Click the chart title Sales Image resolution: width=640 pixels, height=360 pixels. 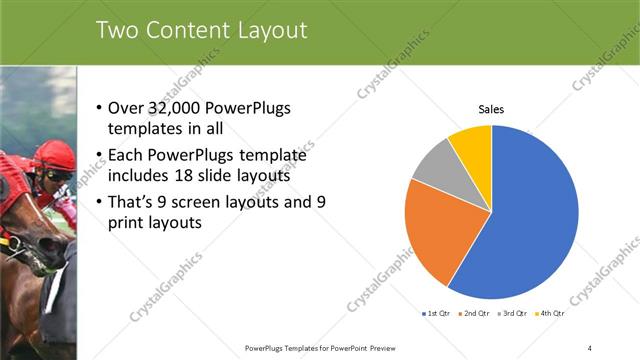(x=491, y=109)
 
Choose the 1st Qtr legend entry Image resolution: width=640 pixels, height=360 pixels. (x=436, y=314)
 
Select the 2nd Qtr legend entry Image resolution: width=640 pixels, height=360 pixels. (x=473, y=314)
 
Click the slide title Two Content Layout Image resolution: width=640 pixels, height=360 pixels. (x=201, y=31)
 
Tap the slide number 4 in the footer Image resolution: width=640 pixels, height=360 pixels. (x=590, y=347)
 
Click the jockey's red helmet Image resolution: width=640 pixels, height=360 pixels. (x=55, y=154)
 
